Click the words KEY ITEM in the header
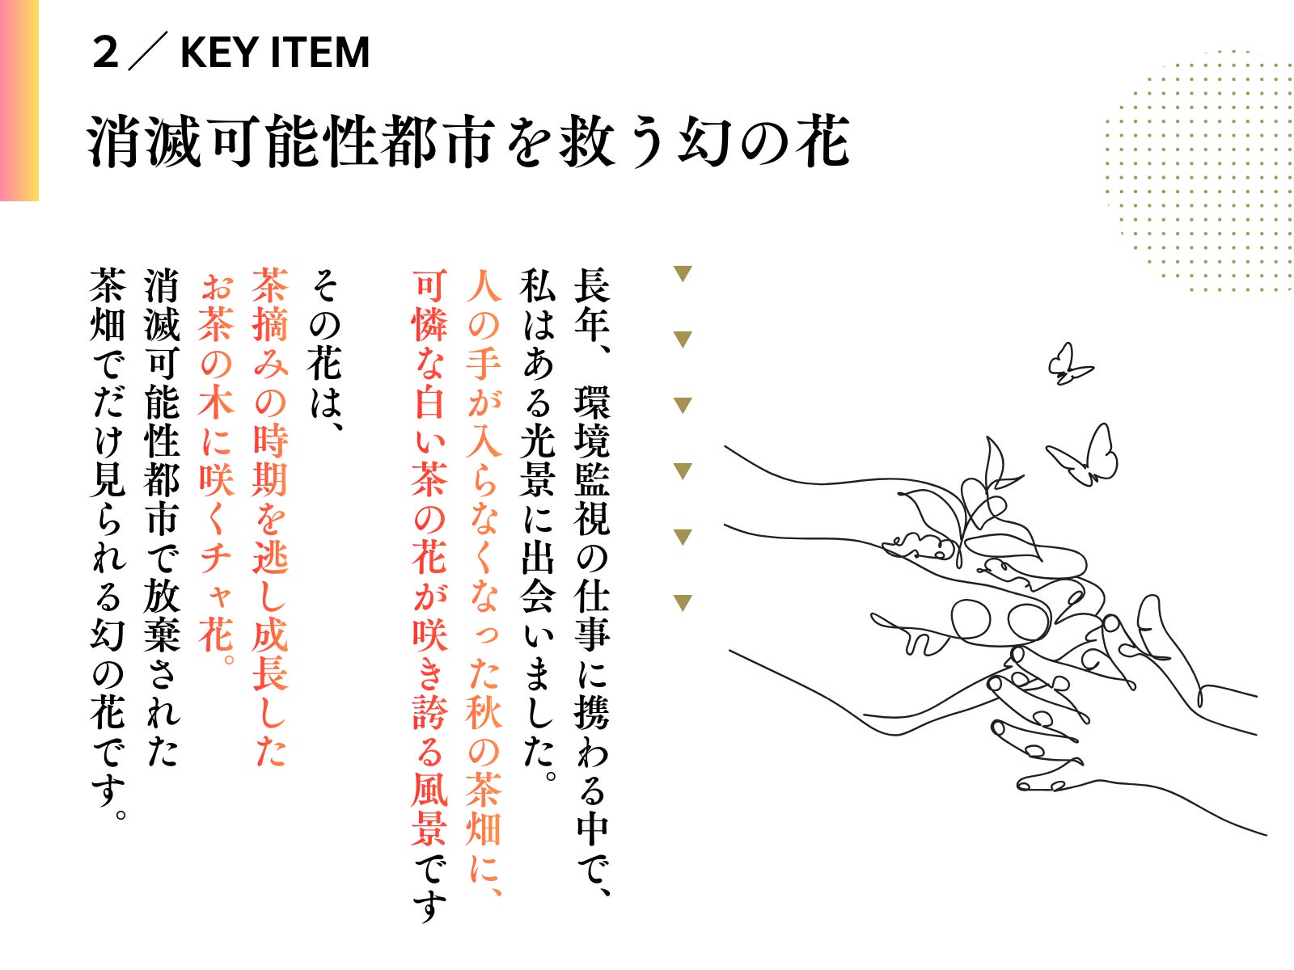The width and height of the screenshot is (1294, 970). coord(275,53)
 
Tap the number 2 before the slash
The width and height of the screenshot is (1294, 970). coord(105,53)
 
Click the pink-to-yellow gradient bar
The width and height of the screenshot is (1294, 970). coord(19,100)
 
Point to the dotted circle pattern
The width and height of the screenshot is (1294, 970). coord(1199,171)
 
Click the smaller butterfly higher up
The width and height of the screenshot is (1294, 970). coord(1068,365)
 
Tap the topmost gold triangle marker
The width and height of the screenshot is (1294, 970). coord(682,274)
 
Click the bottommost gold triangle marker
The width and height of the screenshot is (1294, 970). coord(682,603)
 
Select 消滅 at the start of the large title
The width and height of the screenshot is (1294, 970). coord(145,141)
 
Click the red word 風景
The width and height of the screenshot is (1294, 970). coord(429,809)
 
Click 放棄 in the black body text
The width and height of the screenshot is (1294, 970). coord(162,616)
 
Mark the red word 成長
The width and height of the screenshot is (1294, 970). coord(270,654)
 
